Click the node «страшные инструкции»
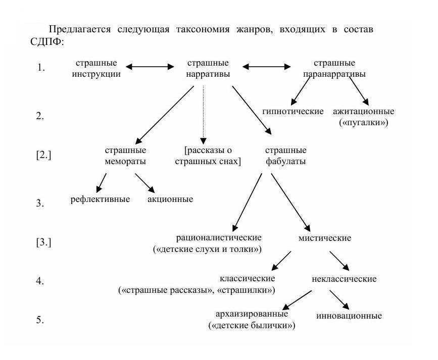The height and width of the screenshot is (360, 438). point(96,69)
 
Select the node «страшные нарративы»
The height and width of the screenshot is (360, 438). point(208,69)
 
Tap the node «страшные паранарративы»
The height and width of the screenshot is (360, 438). point(334,69)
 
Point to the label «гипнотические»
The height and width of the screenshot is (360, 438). point(293,112)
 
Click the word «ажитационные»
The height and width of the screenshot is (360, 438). point(363,112)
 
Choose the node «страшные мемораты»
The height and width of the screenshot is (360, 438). point(125,156)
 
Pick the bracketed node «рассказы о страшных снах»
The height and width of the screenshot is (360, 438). point(208,156)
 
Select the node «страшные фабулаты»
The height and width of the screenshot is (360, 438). point(286,156)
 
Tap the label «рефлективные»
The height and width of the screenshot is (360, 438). point(100,199)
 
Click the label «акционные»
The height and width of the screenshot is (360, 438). point(170,199)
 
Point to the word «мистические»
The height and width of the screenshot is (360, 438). point(325,238)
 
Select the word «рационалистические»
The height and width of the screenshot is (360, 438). point(219,238)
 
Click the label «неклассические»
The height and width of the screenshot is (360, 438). point(344,279)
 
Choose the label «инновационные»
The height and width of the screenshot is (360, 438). point(349,316)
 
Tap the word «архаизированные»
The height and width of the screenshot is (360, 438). point(252,314)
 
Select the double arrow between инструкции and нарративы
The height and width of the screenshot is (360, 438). point(150,67)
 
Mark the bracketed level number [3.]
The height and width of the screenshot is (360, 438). point(43,242)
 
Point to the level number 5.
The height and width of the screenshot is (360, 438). point(40,320)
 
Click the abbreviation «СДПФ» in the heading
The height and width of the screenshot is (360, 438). point(45,42)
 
